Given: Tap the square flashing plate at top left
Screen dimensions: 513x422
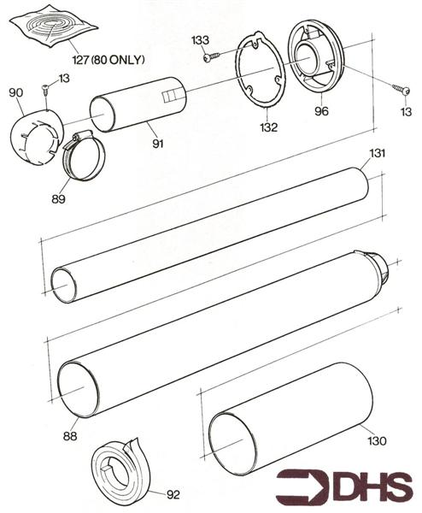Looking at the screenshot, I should coord(54,29).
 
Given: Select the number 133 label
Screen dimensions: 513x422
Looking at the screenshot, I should coord(200,40).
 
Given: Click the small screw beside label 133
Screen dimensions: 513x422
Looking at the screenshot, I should coord(210,56).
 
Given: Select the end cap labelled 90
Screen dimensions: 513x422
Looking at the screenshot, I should coord(37,135).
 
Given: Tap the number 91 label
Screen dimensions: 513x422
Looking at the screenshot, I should coord(157,144).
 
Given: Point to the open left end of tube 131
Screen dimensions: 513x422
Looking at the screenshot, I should coord(64,284).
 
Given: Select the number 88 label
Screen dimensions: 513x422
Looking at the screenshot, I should coord(70,436).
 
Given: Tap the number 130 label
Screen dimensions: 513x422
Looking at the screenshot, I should coord(377,441).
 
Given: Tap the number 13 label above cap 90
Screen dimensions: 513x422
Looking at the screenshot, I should coord(63,79).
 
